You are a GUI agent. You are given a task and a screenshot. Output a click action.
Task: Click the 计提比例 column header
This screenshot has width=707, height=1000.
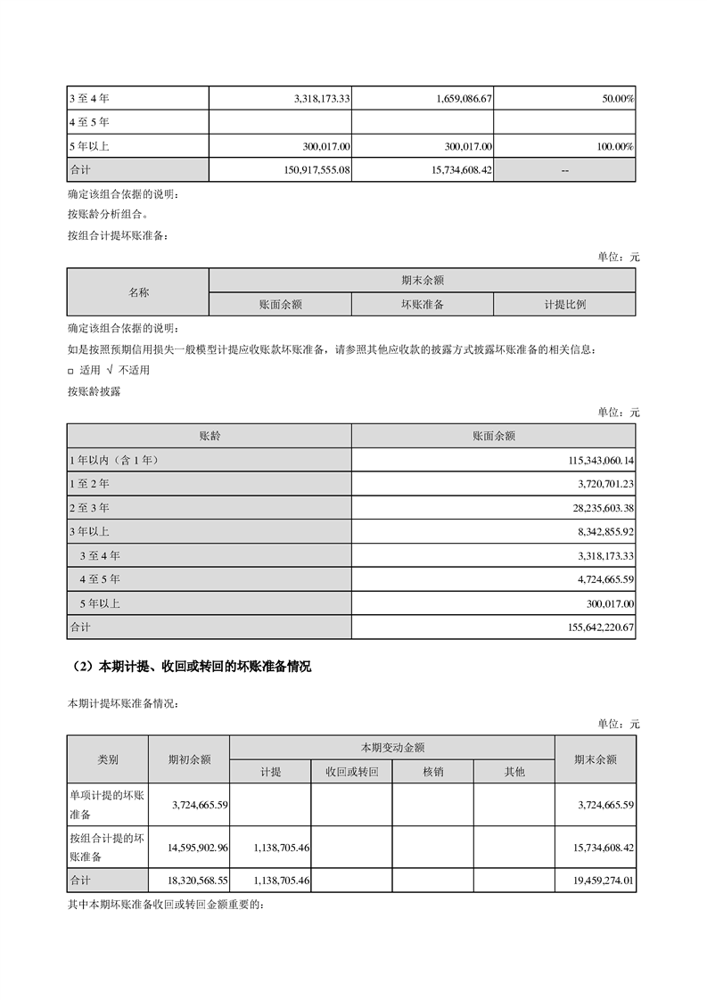pyautogui.click(x=564, y=304)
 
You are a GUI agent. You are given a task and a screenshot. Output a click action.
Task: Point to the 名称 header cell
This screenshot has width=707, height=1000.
pyautogui.click(x=138, y=292)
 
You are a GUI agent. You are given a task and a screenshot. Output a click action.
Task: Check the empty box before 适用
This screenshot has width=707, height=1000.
pyautogui.click(x=71, y=370)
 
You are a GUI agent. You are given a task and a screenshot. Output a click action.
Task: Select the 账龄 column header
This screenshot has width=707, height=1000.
pyautogui.click(x=210, y=437)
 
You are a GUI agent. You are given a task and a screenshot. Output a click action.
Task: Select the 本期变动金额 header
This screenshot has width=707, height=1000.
pyautogui.click(x=391, y=747)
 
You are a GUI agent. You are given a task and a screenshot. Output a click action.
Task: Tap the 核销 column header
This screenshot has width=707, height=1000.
pyautogui.click(x=432, y=771)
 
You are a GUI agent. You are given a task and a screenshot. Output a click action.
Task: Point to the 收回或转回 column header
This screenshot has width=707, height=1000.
pyautogui.click(x=351, y=771)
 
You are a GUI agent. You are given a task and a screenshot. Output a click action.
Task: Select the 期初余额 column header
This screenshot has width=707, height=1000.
pyautogui.click(x=189, y=759)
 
